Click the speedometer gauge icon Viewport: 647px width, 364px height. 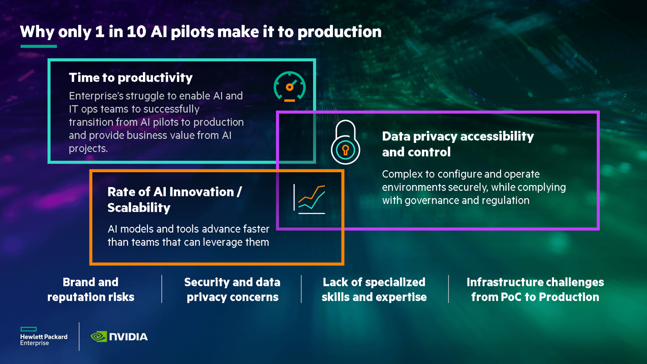coord(289,87)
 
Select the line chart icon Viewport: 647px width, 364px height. coord(309,199)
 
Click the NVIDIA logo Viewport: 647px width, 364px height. coord(119,336)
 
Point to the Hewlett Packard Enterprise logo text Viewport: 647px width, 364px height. coord(44,340)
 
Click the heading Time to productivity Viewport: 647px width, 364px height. coord(131,78)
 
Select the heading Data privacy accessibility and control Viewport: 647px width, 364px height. coord(457,144)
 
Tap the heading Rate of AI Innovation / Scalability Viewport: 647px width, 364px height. coord(174,200)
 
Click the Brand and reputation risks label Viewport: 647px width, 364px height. coord(91,289)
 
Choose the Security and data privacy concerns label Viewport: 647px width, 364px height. coord(232,289)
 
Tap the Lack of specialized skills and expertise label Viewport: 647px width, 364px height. coord(374,289)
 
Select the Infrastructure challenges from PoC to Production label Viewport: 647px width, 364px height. coord(535,289)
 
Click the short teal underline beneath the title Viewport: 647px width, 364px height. coord(39,46)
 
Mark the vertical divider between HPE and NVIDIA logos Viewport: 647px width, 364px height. coord(79,336)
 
